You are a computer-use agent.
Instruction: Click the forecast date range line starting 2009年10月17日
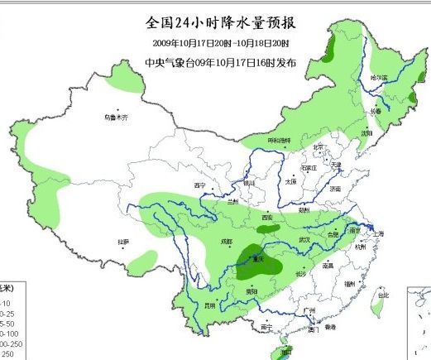pos(220,43)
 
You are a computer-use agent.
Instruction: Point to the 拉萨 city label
pos(123,242)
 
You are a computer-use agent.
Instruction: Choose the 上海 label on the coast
pos(378,234)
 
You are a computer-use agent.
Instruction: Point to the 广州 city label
pos(311,311)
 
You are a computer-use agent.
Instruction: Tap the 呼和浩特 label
pos(279,142)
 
